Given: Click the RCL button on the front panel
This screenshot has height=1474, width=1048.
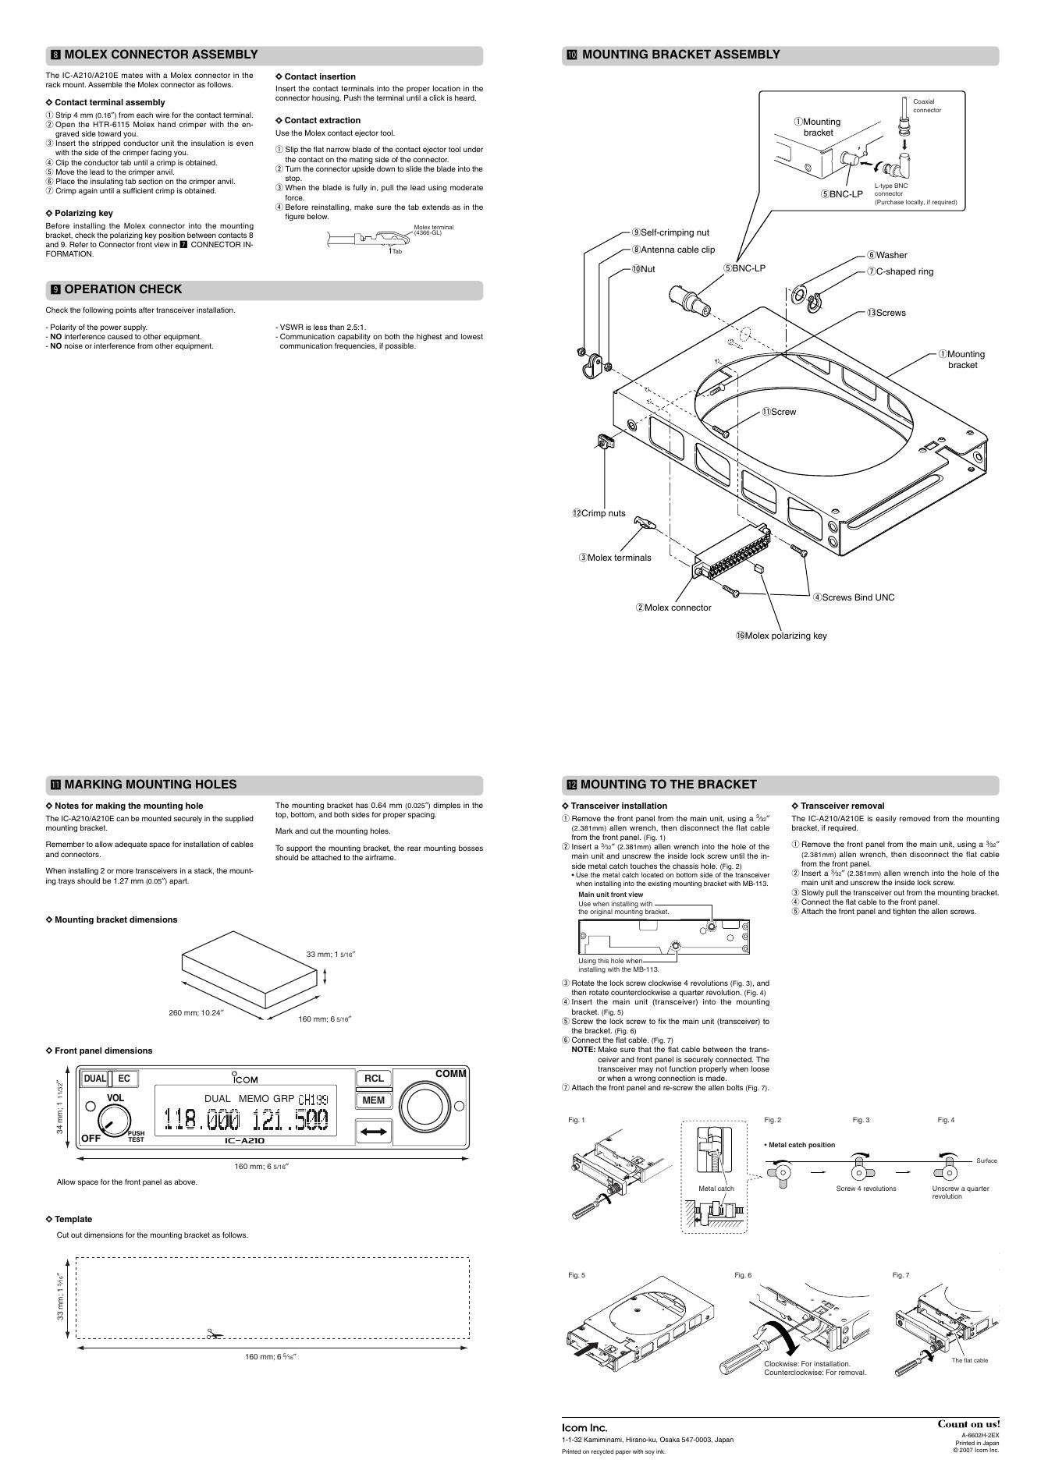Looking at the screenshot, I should [374, 1079].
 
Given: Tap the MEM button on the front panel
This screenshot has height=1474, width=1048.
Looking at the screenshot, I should [374, 1100].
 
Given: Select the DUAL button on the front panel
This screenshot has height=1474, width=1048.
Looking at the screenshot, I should [95, 1079].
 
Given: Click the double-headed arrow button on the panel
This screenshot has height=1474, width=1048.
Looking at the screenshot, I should [374, 1131].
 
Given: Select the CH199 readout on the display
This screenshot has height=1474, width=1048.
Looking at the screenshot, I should [313, 1100].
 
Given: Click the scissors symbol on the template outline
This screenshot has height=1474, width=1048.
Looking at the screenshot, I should [214, 1334].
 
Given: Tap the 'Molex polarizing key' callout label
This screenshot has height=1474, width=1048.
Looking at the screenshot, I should [780, 636].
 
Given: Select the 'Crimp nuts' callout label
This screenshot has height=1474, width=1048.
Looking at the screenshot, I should [599, 513].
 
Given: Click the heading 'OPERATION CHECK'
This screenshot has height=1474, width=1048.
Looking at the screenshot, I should [123, 289].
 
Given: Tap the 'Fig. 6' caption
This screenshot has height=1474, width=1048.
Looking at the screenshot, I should [743, 1275].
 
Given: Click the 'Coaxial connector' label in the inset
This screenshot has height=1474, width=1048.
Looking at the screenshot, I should [927, 105].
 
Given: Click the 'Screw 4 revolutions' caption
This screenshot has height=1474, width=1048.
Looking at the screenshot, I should [866, 1189].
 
